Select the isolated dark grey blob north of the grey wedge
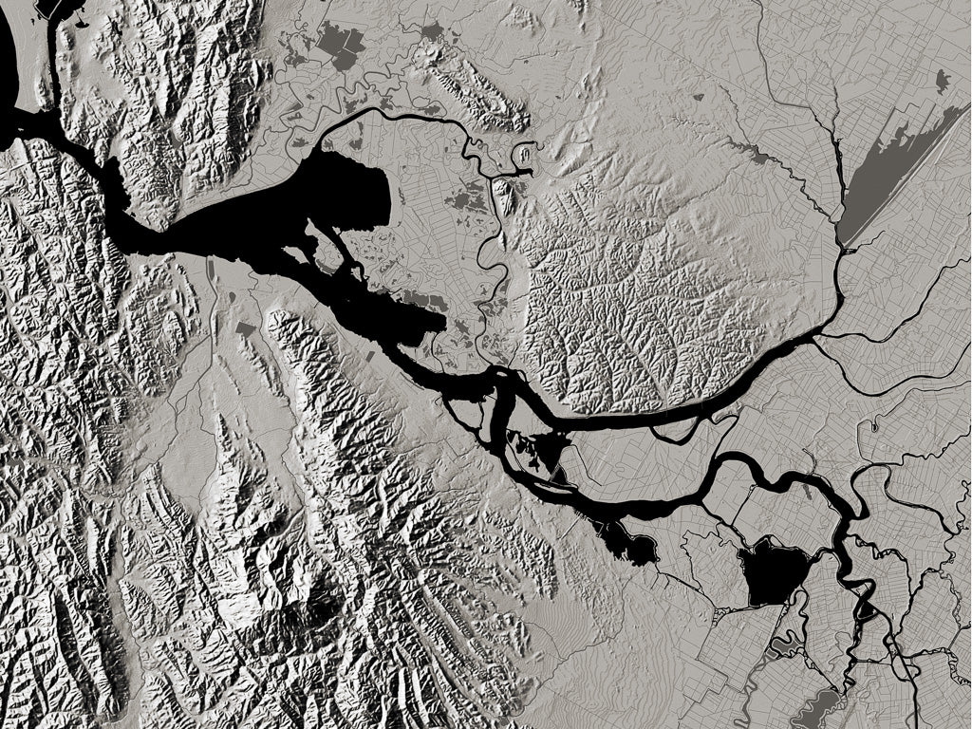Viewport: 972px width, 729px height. [941, 82]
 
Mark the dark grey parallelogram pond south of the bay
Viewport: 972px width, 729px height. [245, 329]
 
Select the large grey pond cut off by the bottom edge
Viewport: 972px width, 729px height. [816, 707]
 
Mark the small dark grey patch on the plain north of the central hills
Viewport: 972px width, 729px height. [699, 97]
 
